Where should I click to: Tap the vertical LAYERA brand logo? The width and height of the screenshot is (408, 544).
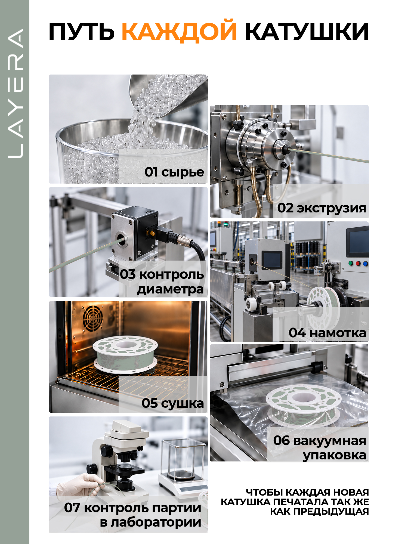tap(15, 93)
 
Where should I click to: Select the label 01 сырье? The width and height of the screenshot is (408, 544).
tap(174, 172)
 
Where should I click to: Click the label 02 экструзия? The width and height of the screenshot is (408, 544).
tap(322, 208)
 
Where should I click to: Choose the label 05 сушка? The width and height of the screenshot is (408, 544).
tap(172, 403)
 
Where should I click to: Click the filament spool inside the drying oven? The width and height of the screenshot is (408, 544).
tap(125, 352)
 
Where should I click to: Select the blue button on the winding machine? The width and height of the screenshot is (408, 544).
tap(365, 264)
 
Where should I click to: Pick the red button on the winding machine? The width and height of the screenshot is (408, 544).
tap(358, 263)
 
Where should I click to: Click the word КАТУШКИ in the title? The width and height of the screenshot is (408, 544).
tap(307, 32)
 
